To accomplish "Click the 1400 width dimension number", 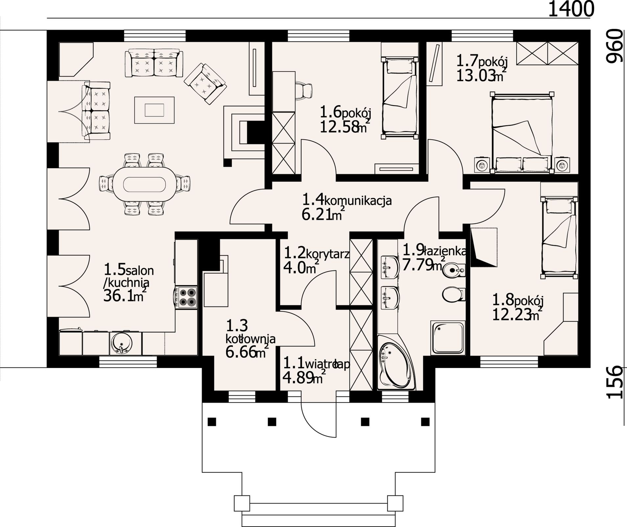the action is (x=571, y=9).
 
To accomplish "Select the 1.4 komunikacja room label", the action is (x=347, y=199).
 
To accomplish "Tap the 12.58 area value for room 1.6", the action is (x=339, y=127).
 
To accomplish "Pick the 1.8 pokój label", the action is (x=518, y=300).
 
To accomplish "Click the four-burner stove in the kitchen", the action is (x=186, y=298).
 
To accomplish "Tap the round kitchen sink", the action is (x=121, y=344).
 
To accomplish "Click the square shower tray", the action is (x=448, y=338).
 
